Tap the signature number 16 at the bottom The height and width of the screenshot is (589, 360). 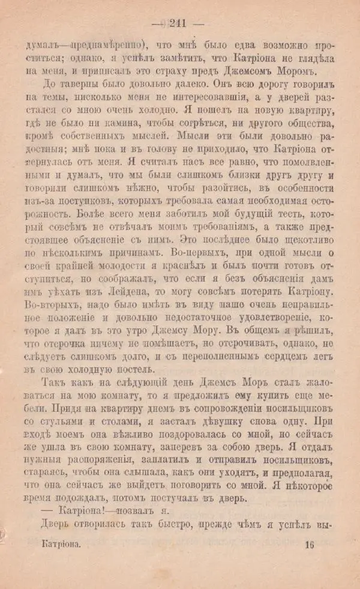(309, 545)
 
